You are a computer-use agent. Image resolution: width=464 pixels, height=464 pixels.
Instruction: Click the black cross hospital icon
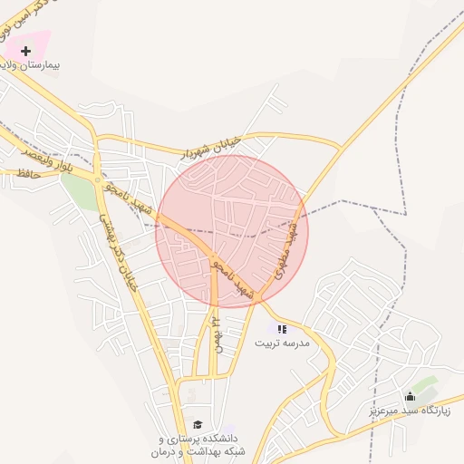click(25, 51)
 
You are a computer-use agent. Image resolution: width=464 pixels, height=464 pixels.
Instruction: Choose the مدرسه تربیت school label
click(282, 343)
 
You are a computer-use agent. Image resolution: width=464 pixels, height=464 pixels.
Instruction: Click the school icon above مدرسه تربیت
click(282, 328)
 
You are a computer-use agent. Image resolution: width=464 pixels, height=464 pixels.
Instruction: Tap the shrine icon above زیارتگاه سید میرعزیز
click(410, 396)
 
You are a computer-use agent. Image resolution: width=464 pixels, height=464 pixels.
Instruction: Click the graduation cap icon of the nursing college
click(197, 424)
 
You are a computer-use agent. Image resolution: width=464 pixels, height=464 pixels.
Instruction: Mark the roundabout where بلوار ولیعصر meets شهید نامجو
click(98, 181)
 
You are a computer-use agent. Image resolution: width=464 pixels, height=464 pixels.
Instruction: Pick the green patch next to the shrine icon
click(426, 385)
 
